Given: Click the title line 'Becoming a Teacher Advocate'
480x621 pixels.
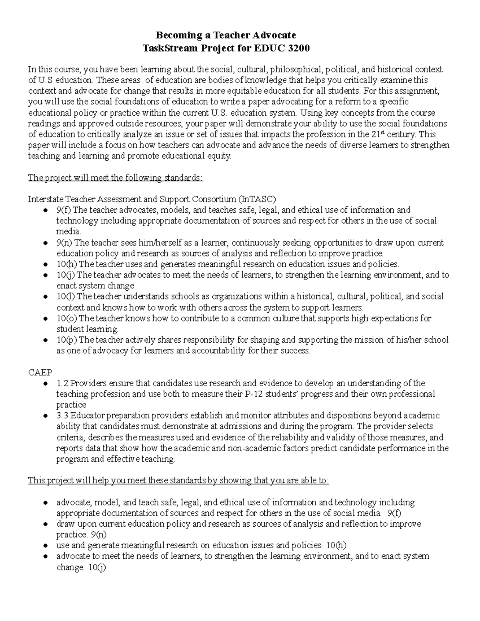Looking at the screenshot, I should [x=226, y=35].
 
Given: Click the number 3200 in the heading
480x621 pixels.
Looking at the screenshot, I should [x=296, y=48].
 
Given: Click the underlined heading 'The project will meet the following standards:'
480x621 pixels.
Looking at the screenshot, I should [x=115, y=178].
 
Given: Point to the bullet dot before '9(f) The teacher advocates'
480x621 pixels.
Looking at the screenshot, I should [x=46, y=210].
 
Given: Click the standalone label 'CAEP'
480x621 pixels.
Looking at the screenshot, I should [x=40, y=372].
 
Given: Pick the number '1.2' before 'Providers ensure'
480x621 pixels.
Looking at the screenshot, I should [x=63, y=383].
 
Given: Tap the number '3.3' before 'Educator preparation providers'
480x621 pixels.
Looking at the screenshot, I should [x=63, y=416].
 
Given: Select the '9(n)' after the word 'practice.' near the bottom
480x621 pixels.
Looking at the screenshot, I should [x=98, y=535].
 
